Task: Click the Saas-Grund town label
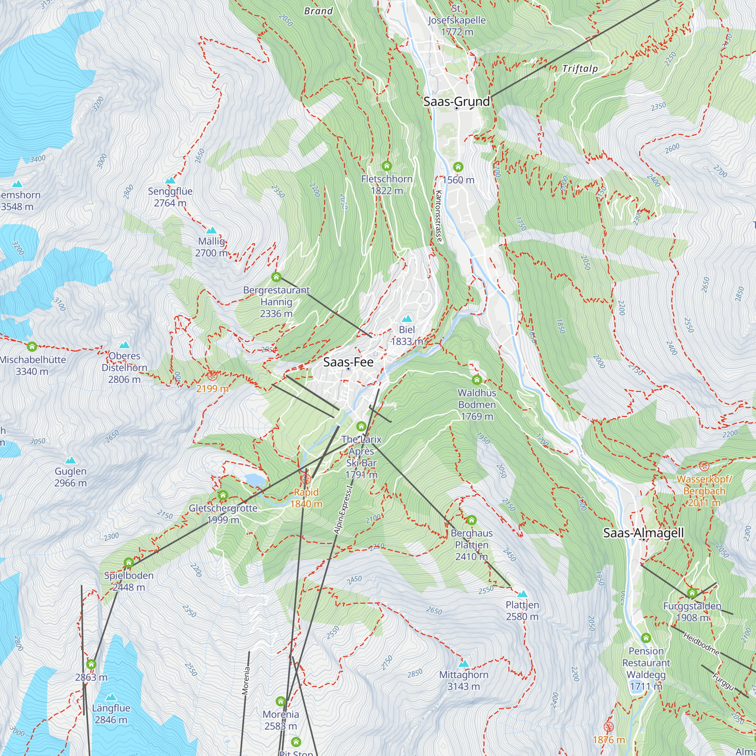456,101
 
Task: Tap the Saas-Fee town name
348,362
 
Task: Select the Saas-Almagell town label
643,533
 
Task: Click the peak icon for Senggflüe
170,180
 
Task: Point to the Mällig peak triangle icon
211,230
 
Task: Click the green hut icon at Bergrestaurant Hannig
276,277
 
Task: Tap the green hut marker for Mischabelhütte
32,346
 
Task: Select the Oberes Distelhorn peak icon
124,345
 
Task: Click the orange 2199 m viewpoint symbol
212,376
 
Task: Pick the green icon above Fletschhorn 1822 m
387,166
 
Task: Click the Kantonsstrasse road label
438,216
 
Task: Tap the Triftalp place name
580,69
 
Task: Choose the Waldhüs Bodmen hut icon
477,380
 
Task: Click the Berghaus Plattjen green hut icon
471,520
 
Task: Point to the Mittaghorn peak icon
464,664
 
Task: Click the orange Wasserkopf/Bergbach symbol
704,466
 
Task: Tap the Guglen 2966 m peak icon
70,460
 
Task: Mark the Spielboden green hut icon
129,563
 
